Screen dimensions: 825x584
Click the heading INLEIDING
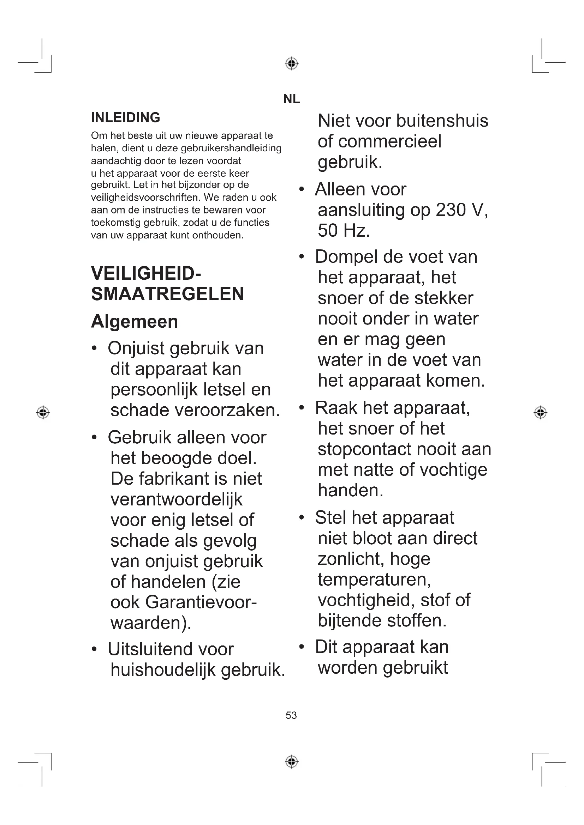[125, 117]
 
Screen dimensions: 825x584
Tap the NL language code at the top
[291, 99]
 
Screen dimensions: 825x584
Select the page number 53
[291, 715]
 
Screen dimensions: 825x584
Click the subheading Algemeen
[135, 321]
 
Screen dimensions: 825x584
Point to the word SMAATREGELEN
[168, 294]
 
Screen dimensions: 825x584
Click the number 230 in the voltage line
[451, 210]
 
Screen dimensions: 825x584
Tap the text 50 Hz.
[344, 230]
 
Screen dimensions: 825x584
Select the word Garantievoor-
[201, 602]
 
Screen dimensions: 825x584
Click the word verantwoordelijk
[177, 499]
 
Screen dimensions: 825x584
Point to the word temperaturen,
[374, 579]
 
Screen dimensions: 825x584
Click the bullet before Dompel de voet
[302, 257]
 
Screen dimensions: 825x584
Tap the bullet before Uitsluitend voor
[94, 649]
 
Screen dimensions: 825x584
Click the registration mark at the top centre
[292, 63]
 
